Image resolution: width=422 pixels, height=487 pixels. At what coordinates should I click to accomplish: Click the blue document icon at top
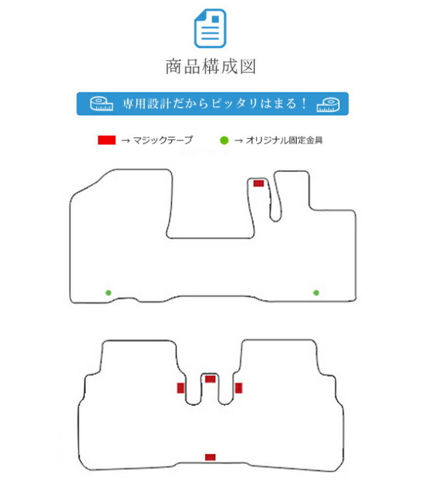point(210,28)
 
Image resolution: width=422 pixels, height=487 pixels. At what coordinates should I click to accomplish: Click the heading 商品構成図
point(211,67)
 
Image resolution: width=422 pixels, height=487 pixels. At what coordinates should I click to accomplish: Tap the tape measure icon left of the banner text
point(102,103)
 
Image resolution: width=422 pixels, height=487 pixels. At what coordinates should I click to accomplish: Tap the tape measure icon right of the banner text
point(328,105)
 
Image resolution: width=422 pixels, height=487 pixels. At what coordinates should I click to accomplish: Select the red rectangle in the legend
point(107,140)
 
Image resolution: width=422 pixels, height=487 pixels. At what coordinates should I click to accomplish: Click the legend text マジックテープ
point(163,140)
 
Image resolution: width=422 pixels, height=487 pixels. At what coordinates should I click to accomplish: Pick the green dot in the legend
point(224,140)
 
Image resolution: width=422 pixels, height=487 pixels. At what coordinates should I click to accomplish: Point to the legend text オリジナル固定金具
point(284,140)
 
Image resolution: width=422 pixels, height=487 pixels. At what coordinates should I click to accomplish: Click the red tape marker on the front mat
point(258,183)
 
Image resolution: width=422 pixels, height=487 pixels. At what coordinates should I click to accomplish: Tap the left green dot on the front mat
point(108,293)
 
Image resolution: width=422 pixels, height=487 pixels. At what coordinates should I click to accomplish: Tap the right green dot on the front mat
point(316,293)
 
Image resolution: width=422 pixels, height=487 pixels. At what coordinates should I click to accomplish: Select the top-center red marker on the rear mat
point(210,379)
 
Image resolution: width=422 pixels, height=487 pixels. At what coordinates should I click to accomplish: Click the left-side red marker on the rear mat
point(181,388)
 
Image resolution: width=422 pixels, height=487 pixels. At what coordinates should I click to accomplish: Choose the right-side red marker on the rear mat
point(238,388)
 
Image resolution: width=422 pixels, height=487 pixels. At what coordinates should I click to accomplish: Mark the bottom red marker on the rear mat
point(210,457)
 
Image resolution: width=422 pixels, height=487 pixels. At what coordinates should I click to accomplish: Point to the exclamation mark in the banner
point(304,103)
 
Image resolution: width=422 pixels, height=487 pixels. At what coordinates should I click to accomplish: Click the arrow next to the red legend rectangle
point(125,140)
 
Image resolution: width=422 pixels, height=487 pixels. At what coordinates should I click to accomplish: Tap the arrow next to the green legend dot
point(238,140)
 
